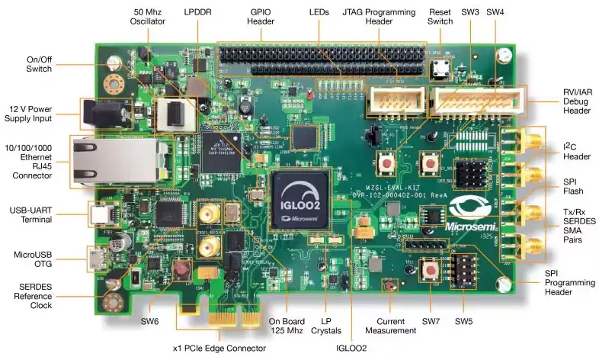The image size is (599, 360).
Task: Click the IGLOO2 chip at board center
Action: (x=301, y=200)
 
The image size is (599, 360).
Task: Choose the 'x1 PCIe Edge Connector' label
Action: (x=219, y=348)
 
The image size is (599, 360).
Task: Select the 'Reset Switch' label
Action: (x=440, y=18)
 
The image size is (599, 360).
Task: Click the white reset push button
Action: (x=440, y=68)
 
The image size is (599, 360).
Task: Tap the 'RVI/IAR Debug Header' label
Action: (x=576, y=104)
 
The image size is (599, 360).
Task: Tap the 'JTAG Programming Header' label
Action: (x=378, y=18)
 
